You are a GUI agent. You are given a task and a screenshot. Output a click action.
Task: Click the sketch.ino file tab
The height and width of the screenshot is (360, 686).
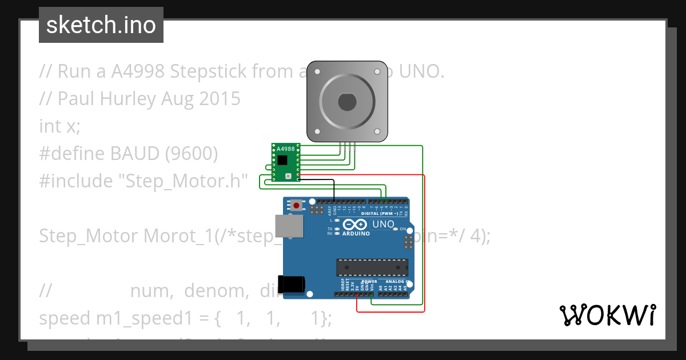pyautogui.click(x=101, y=25)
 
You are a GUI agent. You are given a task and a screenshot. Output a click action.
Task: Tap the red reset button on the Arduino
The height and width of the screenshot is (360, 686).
pyautogui.click(x=297, y=205)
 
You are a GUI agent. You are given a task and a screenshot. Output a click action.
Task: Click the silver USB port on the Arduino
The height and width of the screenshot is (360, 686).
pyautogui.click(x=285, y=226)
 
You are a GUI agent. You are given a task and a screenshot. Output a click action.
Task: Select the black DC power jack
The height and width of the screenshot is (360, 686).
pyautogui.click(x=292, y=285)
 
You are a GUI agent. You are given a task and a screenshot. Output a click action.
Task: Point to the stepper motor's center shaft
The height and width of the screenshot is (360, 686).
pyautogui.click(x=347, y=102)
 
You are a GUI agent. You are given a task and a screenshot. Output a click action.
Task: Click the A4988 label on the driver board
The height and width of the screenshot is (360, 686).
pyautogui.click(x=286, y=149)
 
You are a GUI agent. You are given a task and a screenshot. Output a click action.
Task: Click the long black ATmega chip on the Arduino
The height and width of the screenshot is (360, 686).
pyautogui.click(x=372, y=267)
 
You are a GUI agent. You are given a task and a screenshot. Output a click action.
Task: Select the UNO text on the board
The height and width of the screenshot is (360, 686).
pyautogui.click(x=383, y=225)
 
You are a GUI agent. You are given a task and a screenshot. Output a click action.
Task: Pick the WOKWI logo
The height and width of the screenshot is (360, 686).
pyautogui.click(x=607, y=315)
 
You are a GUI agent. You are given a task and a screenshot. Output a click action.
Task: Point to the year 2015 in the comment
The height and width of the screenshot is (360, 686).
pyautogui.click(x=220, y=99)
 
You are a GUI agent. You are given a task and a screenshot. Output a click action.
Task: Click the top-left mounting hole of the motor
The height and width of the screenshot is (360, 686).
pyautogui.click(x=317, y=72)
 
